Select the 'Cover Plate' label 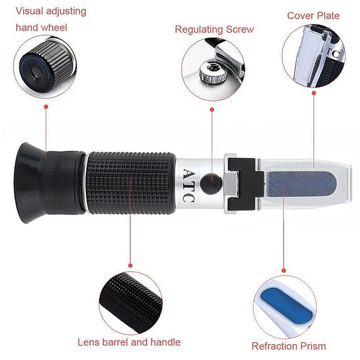click(313, 15)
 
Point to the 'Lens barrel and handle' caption click(129, 342)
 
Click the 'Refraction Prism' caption click(289, 346)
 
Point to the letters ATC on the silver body click(189, 185)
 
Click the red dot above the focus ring click(46, 107)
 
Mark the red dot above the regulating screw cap click(212, 110)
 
